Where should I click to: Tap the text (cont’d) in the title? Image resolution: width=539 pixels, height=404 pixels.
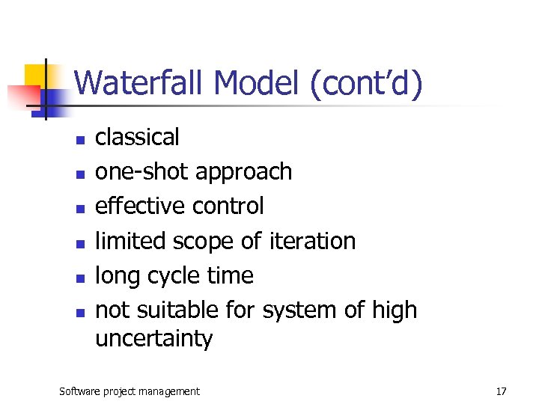click(365, 84)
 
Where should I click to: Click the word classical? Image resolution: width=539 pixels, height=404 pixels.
click(137, 137)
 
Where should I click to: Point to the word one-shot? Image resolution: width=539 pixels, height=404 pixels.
click(141, 171)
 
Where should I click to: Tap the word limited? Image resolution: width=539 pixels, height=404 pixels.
click(131, 241)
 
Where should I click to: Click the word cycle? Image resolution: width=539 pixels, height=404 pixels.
click(172, 276)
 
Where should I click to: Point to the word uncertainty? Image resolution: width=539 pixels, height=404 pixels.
click(153, 339)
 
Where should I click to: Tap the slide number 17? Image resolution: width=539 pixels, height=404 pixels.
click(501, 391)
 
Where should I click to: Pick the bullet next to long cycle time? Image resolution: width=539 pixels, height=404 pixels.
click(79, 278)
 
